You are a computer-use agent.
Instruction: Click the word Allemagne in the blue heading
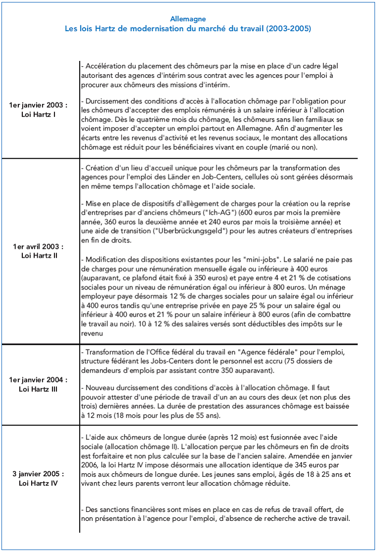point(188,19)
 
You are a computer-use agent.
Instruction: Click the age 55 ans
point(204,415)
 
